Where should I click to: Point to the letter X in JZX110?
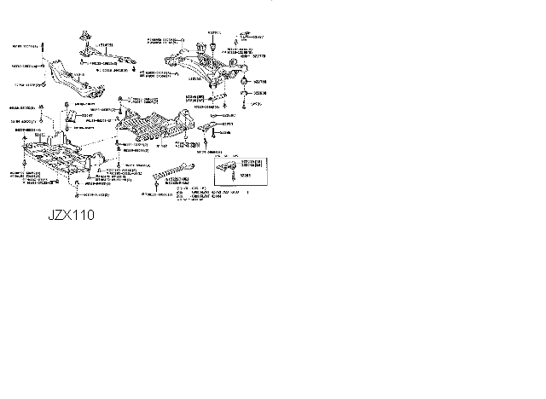tap(72, 216)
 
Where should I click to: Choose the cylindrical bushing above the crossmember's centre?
tap(212, 40)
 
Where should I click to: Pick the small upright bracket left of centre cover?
tap(73, 115)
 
